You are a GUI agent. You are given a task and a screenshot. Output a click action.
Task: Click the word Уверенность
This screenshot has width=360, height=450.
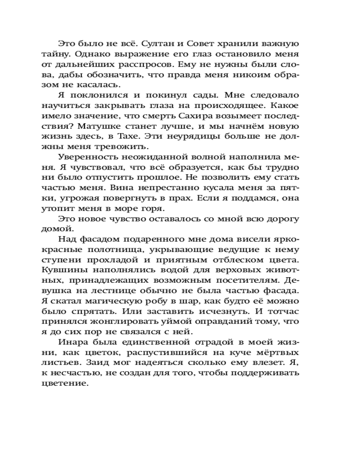[86, 157]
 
